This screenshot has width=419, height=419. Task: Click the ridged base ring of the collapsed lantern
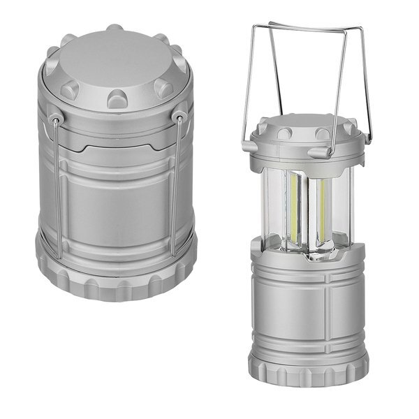(117, 279)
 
